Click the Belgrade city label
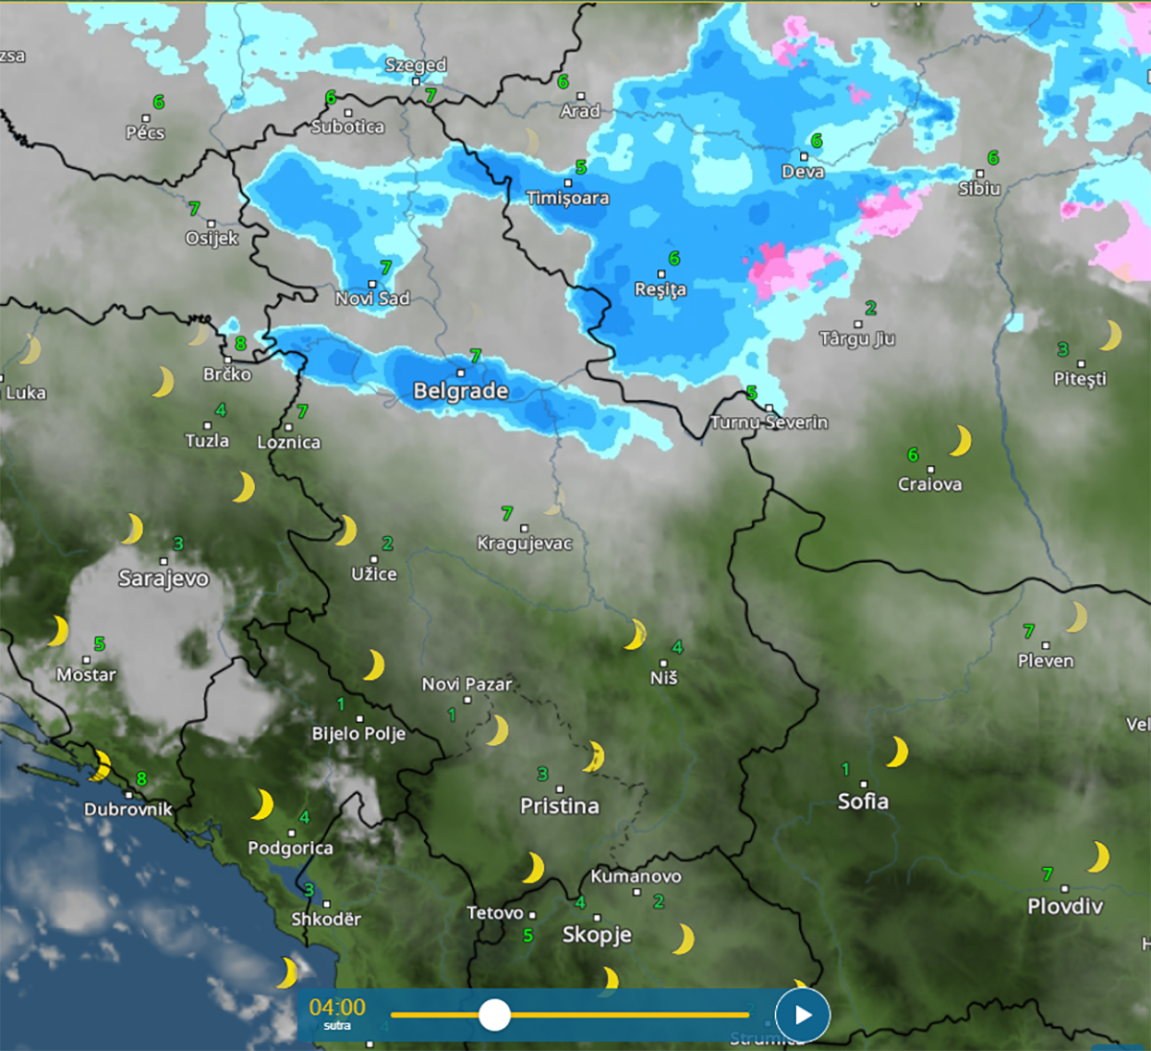pyautogui.click(x=460, y=391)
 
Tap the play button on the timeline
pyautogui.click(x=802, y=1015)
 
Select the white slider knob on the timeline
pyautogui.click(x=494, y=1015)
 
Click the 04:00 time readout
pyautogui.click(x=338, y=1007)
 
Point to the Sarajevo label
pyautogui.click(x=163, y=578)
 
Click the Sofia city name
pyautogui.click(x=862, y=802)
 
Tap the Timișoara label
pyautogui.click(x=567, y=199)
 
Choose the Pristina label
pyautogui.click(x=559, y=806)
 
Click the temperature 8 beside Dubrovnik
pyautogui.click(x=142, y=780)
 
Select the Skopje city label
pyautogui.click(x=597, y=935)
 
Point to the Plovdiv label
pyautogui.click(x=1065, y=906)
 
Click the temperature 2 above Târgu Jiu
pyautogui.click(x=870, y=308)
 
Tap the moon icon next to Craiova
pyautogui.click(x=960, y=440)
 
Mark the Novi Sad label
pyautogui.click(x=372, y=299)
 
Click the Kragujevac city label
pyautogui.click(x=525, y=544)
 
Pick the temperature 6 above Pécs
pyautogui.click(x=158, y=102)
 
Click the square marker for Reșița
pyautogui.click(x=661, y=274)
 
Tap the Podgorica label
pyautogui.click(x=291, y=849)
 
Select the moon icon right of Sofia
pyautogui.click(x=897, y=752)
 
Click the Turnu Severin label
pyautogui.click(x=769, y=423)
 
